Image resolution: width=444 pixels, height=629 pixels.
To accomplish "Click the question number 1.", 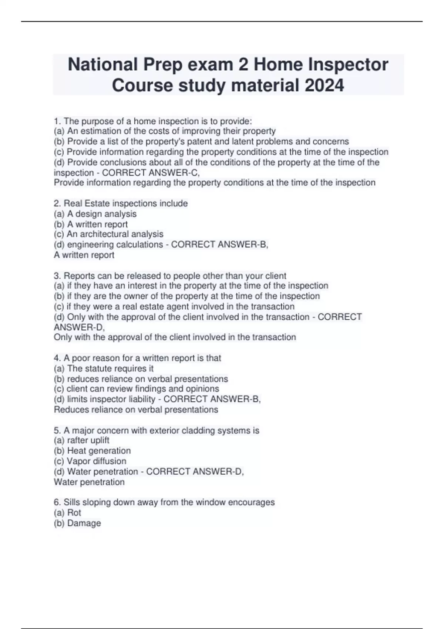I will point(57,121).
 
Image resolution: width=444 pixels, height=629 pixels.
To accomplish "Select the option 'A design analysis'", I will point(102,214).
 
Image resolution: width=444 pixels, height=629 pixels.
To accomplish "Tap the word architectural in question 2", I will point(112,234).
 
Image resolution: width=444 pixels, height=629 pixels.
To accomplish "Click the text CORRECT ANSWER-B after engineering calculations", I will point(219,245).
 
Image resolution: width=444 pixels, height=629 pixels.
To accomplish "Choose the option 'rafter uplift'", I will point(88,440).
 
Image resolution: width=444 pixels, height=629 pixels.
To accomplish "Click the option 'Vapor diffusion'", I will point(96,461).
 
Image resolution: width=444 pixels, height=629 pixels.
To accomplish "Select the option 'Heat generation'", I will point(99,451).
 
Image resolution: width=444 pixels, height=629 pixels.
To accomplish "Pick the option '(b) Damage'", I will point(77,523).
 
